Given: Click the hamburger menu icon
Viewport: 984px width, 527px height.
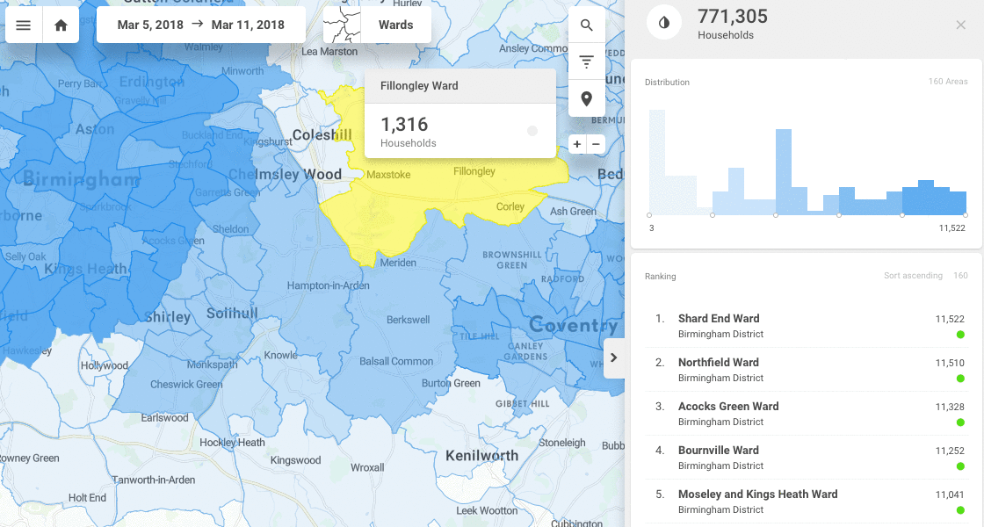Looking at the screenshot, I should pyautogui.click(x=24, y=25).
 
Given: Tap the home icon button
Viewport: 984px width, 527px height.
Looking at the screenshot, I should pyautogui.click(x=61, y=25).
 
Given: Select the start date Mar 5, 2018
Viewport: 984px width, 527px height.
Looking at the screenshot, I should pyautogui.click(x=150, y=25).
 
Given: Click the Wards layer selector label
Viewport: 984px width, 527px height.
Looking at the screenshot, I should pyautogui.click(x=395, y=25).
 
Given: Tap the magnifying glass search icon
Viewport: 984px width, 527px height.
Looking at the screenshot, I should pyautogui.click(x=587, y=25).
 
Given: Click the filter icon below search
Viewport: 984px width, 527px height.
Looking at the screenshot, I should pyautogui.click(x=587, y=61).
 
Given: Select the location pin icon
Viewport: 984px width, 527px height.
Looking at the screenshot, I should pyautogui.click(x=587, y=98).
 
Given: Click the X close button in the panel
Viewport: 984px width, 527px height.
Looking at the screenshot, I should pyautogui.click(x=960, y=25).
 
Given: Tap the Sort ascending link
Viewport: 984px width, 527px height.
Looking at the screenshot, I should pyautogui.click(x=913, y=276).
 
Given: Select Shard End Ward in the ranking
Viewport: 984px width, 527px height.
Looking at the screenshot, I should pyautogui.click(x=718, y=319).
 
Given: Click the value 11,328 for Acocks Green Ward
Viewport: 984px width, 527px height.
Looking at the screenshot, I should pyautogui.click(x=949, y=407).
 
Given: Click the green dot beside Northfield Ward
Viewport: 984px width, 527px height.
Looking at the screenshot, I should pyautogui.click(x=960, y=379).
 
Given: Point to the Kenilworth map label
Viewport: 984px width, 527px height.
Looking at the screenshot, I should pyautogui.click(x=481, y=455).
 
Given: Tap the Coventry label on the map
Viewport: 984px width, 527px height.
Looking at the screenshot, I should pyautogui.click(x=572, y=326).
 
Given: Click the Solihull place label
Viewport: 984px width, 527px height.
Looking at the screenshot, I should pyautogui.click(x=232, y=314).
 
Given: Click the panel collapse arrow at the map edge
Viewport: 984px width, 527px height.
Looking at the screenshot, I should pyautogui.click(x=613, y=357).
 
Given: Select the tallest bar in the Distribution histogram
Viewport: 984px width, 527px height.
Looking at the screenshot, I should pyautogui.click(x=656, y=162).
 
